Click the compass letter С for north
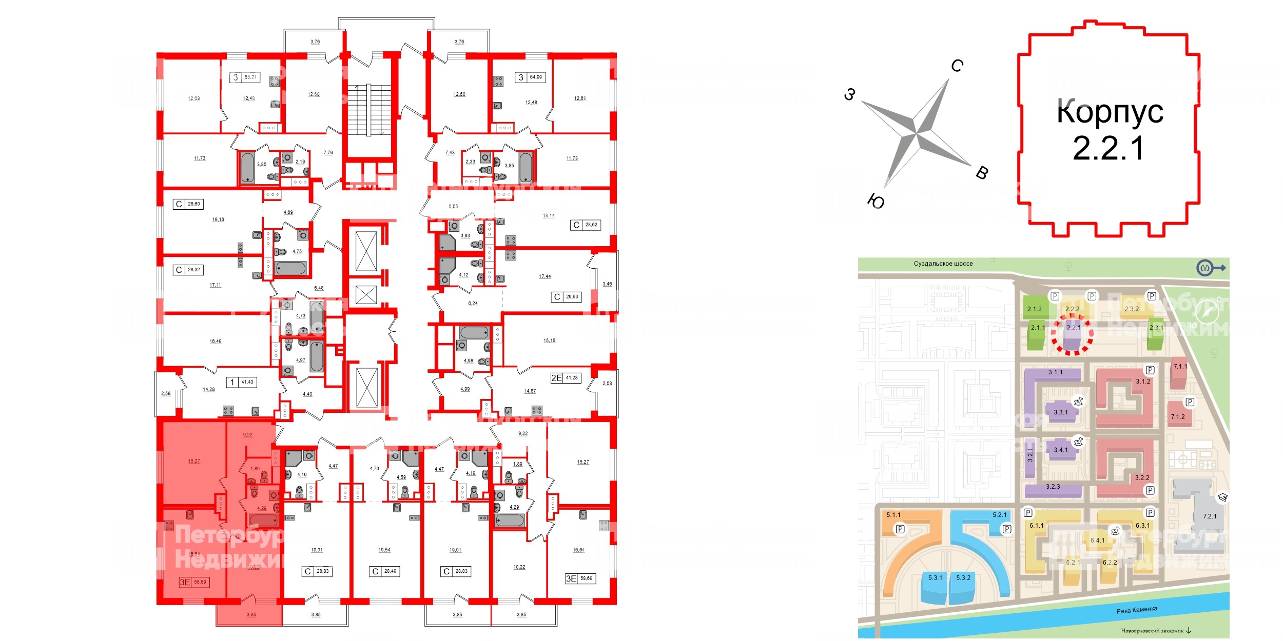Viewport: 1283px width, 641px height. [957, 66]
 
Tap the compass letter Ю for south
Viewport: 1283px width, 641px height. [876, 202]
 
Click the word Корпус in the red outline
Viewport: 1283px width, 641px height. [1110, 111]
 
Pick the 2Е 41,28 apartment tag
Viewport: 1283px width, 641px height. [565, 378]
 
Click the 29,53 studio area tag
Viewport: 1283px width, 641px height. [567, 297]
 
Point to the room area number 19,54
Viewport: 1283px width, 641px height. [384, 550]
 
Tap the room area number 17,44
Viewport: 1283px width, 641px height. [545, 276]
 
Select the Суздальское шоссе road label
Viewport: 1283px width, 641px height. [943, 264]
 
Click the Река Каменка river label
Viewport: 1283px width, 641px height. [1137, 610]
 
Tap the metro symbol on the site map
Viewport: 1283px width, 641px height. [1204, 268]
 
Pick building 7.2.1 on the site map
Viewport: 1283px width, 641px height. [1210, 516]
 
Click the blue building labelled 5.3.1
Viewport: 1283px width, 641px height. [935, 578]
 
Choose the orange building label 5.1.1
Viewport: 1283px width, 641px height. [893, 515]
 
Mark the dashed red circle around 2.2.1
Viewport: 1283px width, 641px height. [1072, 334]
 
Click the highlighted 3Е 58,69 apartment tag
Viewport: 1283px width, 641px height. [193, 582]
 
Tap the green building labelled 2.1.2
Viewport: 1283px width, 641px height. [1035, 309]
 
